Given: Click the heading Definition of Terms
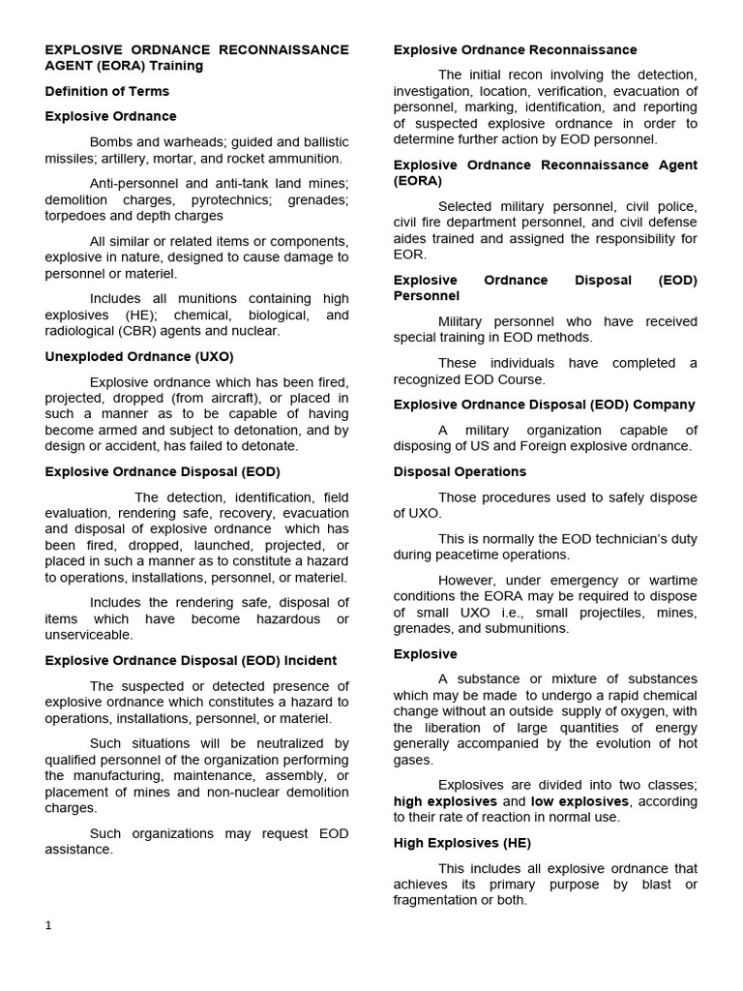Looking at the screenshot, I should click(x=106, y=91).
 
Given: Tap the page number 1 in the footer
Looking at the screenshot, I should click(x=48, y=925).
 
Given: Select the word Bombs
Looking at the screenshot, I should click(x=109, y=141).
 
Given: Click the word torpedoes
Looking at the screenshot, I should click(x=80, y=216).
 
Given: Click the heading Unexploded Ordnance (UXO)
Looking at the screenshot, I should click(x=139, y=356).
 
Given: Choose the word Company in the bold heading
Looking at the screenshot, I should click(x=667, y=405).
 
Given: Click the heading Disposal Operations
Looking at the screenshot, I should click(x=460, y=471).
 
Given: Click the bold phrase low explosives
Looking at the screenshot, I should click(x=580, y=801).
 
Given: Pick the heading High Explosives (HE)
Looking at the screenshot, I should click(x=461, y=843).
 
